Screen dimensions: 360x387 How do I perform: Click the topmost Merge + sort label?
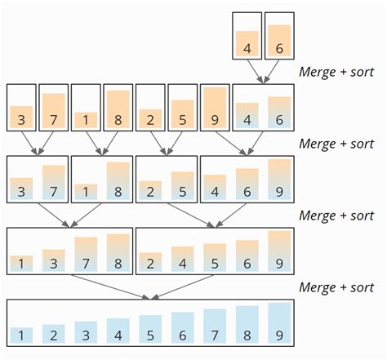pyautogui.click(x=336, y=72)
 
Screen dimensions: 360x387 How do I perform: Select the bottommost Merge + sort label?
pyautogui.click(x=336, y=287)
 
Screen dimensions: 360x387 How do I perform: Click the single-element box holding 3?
pyautogui.click(x=21, y=108)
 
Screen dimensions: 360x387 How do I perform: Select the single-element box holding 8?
pyautogui.click(x=118, y=108)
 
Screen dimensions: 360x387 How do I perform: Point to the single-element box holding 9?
pyautogui.click(x=215, y=108)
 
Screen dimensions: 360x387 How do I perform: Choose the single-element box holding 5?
pyautogui.click(x=183, y=108)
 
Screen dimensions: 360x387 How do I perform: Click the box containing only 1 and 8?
pyautogui.click(x=101, y=179)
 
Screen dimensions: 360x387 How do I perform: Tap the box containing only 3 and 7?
pyautogui.click(x=37, y=179)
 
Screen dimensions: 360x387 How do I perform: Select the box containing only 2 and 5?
pyautogui.click(x=167, y=179)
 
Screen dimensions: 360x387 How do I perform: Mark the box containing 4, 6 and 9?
pyautogui.click(x=247, y=179)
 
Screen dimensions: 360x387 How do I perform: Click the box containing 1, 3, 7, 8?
pyautogui.click(x=69, y=250)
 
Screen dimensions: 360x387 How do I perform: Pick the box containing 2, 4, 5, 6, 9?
pyautogui.click(x=215, y=250)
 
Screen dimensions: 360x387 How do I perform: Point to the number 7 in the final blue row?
pyautogui.click(x=215, y=334)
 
